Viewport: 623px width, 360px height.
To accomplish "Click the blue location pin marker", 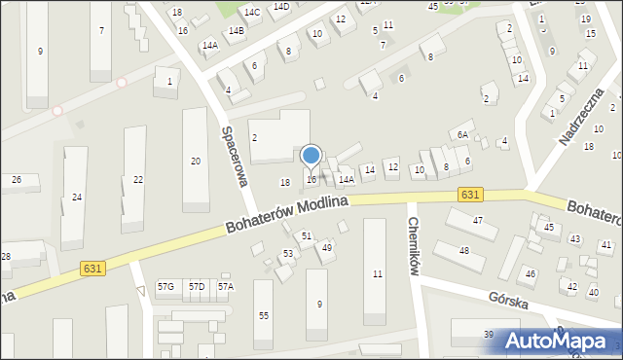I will [311, 157].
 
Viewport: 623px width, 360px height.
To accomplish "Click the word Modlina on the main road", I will [323, 202].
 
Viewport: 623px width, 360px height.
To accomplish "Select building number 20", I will [196, 161].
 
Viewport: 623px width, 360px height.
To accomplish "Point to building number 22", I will [138, 179].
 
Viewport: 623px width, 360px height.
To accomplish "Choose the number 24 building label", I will [77, 198].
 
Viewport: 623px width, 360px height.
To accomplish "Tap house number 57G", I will [166, 287].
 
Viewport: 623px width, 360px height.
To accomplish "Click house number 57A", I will [226, 287].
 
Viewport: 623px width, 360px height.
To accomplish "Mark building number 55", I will [263, 315].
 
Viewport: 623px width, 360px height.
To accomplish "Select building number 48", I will [464, 251].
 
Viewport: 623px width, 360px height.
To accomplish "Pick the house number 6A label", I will [463, 134].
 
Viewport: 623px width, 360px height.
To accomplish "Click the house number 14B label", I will [236, 30].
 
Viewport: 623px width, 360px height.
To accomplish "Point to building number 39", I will [488, 335].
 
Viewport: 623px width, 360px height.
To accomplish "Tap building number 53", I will [288, 254].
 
